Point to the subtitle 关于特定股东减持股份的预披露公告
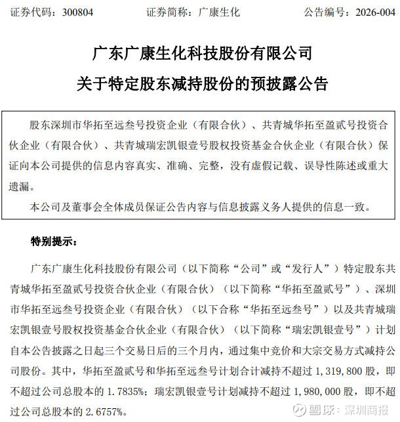pos(200,83)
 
